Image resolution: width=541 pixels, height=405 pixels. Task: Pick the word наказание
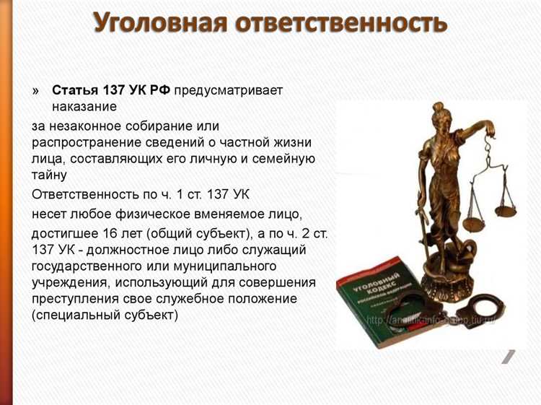coord(84,107)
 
